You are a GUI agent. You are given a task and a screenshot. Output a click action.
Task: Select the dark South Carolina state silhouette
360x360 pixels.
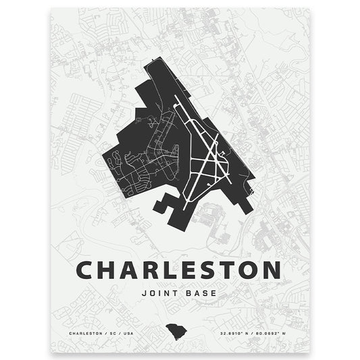pyautogui.click(x=180, y=332)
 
